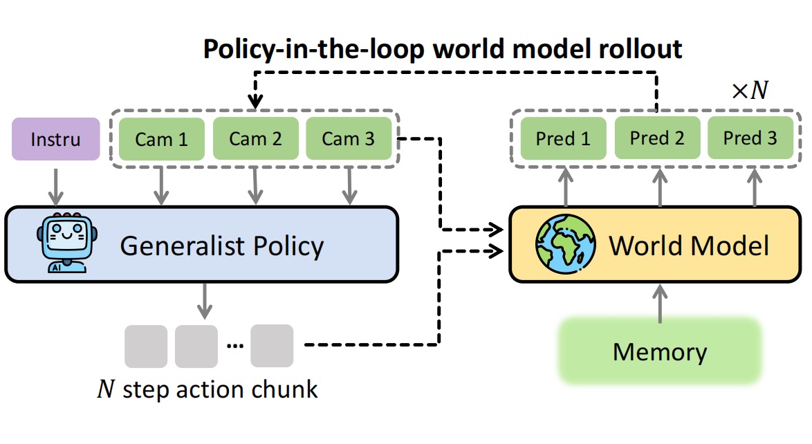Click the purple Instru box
[55, 139]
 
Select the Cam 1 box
[161, 139]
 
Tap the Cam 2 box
[255, 139]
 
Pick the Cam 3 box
[349, 139]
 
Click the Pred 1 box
[563, 138]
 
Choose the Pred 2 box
[657, 138]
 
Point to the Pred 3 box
[750, 138]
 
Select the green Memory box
[660, 351]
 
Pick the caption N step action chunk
[207, 389]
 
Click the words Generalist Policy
[221, 246]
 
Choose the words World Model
[689, 246]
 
